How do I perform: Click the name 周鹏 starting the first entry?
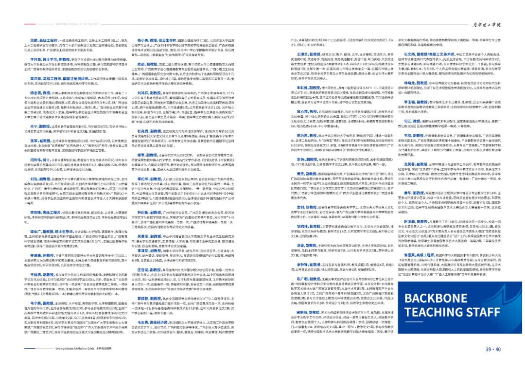[33, 38]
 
